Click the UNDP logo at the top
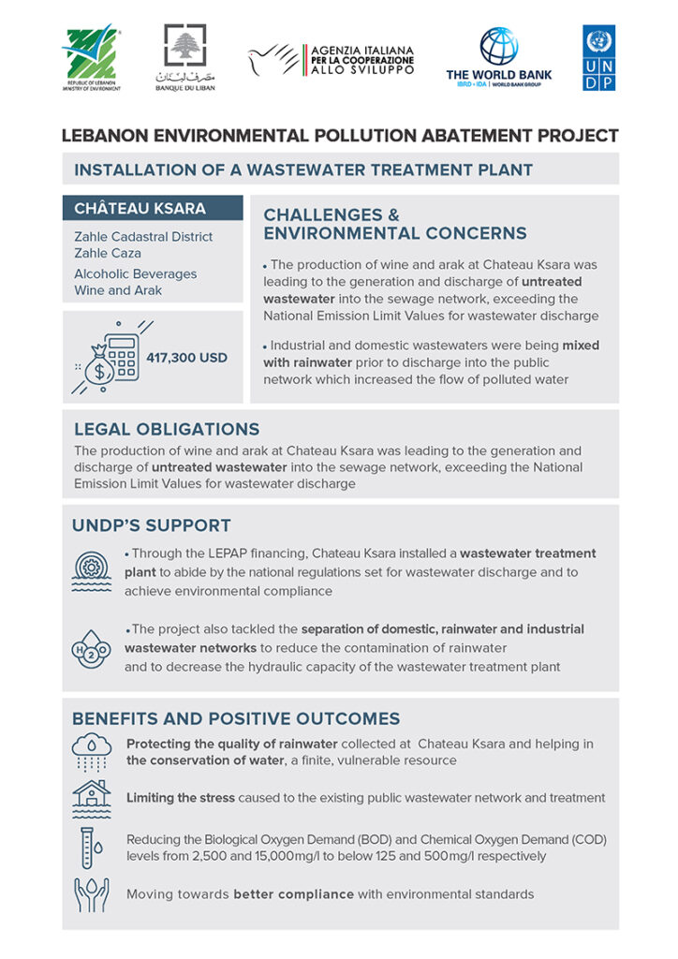click(x=598, y=57)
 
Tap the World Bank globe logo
click(x=498, y=46)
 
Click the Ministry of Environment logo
click(x=90, y=51)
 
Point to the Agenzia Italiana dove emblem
click(x=273, y=59)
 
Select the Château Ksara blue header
click(x=153, y=208)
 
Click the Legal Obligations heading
click(x=167, y=429)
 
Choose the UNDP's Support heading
click(x=151, y=525)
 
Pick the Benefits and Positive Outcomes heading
click(x=236, y=718)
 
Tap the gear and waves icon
click(x=91, y=569)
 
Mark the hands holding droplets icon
click(x=91, y=894)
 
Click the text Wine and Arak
click(x=118, y=290)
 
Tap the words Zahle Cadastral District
click(x=143, y=237)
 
